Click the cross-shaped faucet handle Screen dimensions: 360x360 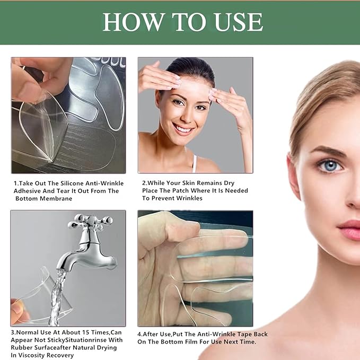click(91, 222)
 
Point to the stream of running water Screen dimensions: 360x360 click(57, 297)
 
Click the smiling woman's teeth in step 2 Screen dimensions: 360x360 click(183, 128)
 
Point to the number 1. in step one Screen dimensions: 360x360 click(15, 183)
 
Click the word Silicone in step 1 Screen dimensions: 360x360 click(70, 183)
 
